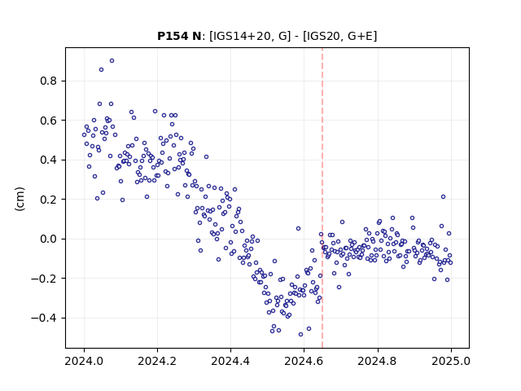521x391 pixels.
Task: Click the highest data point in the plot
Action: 112,61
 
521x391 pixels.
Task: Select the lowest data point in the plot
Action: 300,335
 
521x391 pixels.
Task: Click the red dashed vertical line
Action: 322,198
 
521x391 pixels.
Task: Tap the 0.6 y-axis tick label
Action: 49,121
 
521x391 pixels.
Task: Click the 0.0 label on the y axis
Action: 49,239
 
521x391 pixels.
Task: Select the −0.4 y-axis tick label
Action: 45,319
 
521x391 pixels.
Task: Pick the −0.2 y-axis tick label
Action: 45,279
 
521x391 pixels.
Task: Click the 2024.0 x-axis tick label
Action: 84,361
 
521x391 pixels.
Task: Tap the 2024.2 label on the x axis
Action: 157,361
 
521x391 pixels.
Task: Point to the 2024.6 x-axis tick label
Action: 304,361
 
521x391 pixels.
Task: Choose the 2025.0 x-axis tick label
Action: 451,361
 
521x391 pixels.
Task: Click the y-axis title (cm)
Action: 20,199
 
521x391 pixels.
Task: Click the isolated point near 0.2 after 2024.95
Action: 443,197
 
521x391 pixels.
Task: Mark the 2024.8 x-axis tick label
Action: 377,361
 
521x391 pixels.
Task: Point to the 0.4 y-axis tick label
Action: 49,160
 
